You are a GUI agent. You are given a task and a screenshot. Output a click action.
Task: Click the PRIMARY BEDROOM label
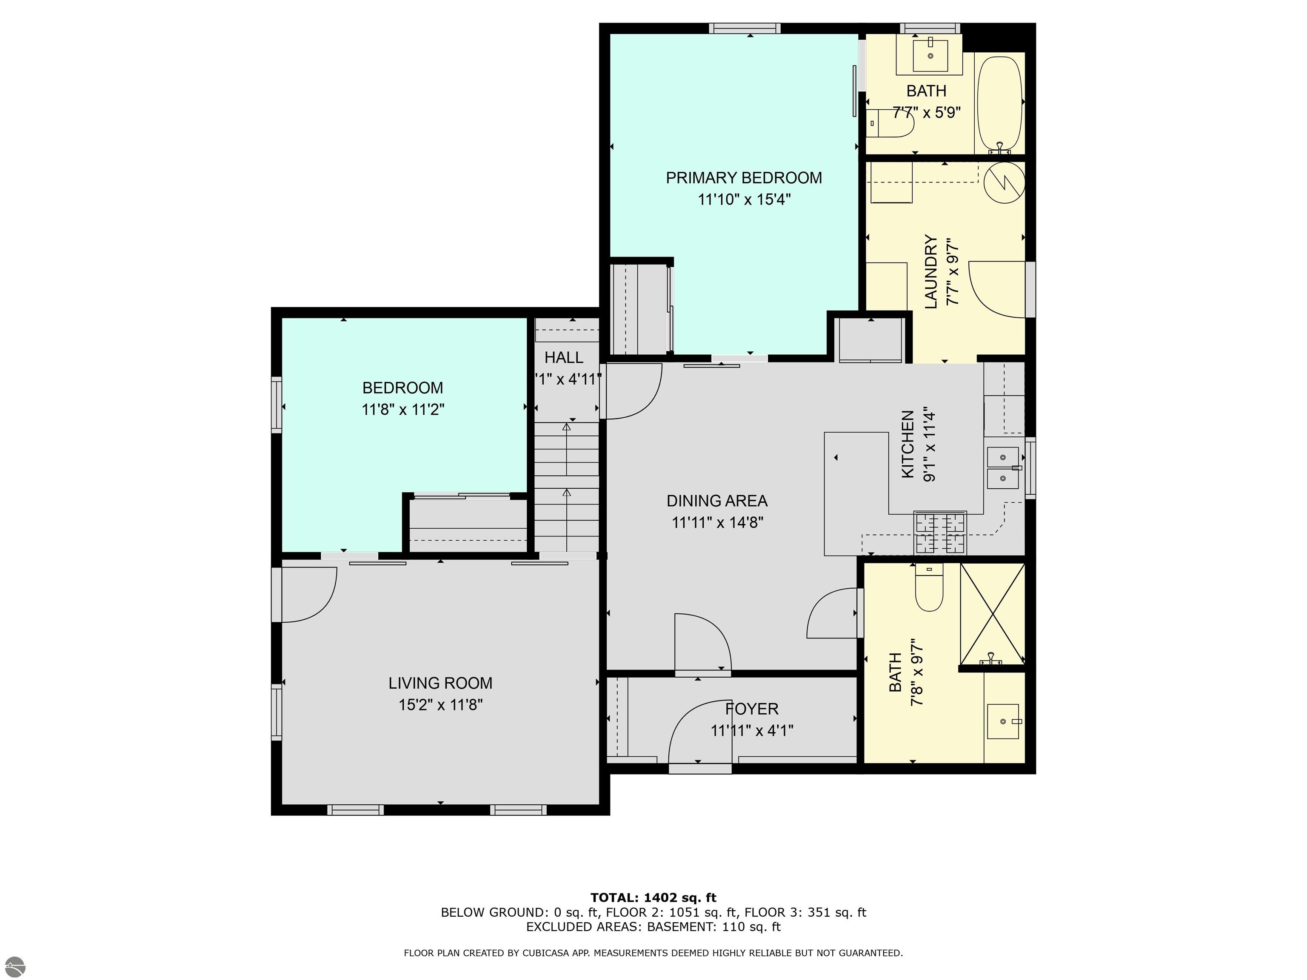coord(744,178)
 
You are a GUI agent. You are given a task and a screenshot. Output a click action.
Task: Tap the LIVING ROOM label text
coord(440,684)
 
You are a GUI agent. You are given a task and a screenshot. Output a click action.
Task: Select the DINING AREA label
coord(717,501)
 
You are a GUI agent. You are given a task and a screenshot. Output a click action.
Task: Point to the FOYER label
coord(752,709)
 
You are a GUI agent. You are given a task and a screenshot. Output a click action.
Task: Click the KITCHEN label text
coord(907,444)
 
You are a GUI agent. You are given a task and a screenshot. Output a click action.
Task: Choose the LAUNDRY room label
coord(930,272)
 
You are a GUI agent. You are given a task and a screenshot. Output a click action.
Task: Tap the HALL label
coord(564,357)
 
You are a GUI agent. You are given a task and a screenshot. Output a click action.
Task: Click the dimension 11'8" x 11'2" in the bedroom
coord(403,409)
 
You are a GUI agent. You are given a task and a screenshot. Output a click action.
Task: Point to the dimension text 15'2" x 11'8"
coord(441,705)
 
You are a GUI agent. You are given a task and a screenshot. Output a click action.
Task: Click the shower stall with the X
coord(993,614)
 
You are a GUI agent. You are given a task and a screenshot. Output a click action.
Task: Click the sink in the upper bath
coord(930,55)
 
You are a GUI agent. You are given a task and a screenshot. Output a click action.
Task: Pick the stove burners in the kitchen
coord(940,533)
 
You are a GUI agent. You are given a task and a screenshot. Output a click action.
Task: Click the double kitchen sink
coord(1003,468)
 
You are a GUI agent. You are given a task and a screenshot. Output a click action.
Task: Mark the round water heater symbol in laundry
coord(1004,182)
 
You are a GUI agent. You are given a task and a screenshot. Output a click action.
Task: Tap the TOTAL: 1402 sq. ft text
coord(653,898)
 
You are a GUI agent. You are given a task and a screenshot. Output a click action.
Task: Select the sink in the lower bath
coord(1003,721)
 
